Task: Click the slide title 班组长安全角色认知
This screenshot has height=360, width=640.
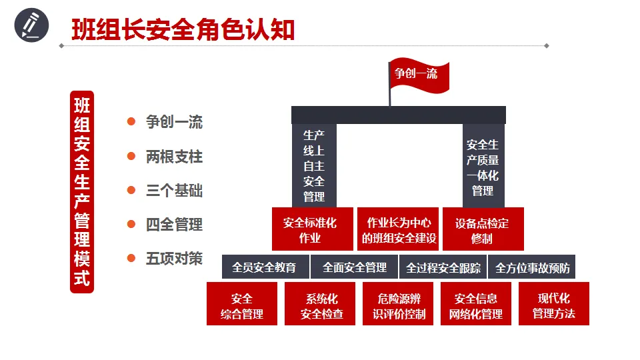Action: [183, 29]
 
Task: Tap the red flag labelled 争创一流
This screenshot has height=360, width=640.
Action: [418, 75]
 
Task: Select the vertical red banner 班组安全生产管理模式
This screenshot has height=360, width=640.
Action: [82, 192]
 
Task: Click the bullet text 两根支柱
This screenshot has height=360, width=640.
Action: [174, 157]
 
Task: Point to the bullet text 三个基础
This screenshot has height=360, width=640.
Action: [174, 191]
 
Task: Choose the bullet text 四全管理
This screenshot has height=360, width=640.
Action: [174, 225]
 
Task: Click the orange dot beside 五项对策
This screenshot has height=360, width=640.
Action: [131, 258]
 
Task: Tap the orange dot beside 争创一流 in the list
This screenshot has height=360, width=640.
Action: [131, 122]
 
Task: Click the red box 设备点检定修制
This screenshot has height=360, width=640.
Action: [482, 230]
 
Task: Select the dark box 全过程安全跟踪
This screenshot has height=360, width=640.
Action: [443, 267]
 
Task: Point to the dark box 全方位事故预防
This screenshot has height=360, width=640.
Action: [532, 267]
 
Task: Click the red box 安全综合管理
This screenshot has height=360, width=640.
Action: [241, 305]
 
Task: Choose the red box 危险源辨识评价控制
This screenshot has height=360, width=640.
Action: [399, 305]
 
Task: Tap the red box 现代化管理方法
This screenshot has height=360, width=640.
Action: [553, 305]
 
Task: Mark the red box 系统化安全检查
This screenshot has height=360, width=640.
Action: [321, 305]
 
